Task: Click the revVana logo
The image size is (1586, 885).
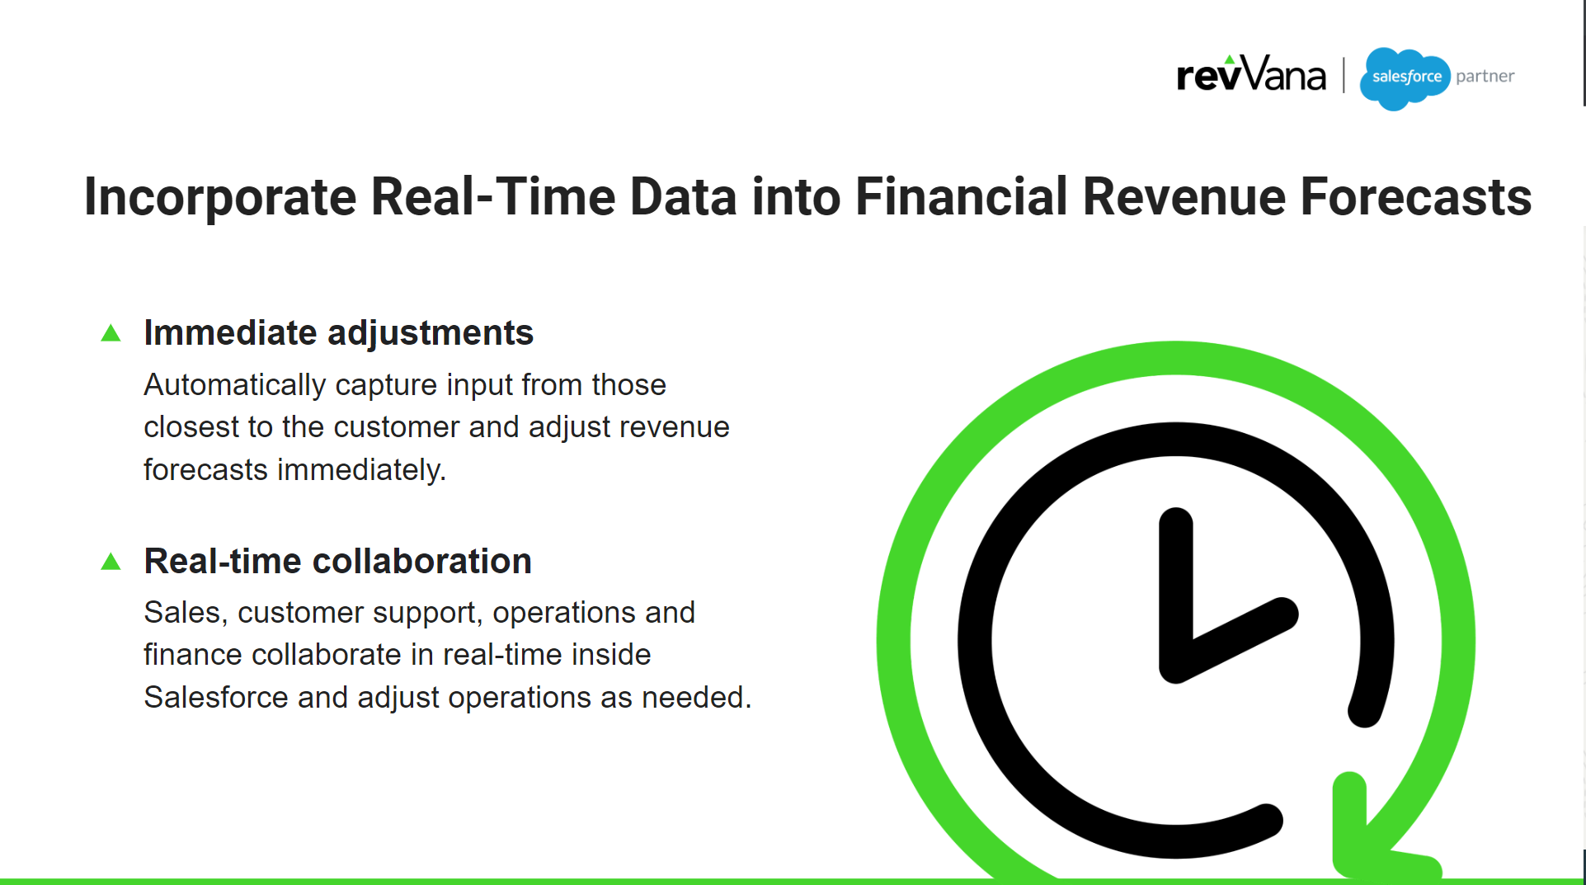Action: (x=1250, y=75)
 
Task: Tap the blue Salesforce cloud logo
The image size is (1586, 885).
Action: (x=1405, y=78)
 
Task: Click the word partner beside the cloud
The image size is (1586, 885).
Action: (x=1485, y=77)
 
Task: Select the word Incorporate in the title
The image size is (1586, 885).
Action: (x=219, y=198)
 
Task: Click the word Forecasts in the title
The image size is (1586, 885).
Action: (x=1415, y=198)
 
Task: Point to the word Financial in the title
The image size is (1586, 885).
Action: (x=961, y=198)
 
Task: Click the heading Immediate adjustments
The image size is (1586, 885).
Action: (x=338, y=332)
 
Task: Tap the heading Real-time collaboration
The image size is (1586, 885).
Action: (x=337, y=561)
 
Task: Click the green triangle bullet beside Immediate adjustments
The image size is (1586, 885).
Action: (x=111, y=333)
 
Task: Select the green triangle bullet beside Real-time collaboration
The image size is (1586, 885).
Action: (x=111, y=562)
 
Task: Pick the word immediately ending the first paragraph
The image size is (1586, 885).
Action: (x=361, y=470)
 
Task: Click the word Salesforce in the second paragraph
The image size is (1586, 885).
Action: (x=216, y=698)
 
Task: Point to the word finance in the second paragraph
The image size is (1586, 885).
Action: (x=193, y=655)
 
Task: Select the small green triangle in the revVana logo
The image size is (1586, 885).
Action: (x=1230, y=59)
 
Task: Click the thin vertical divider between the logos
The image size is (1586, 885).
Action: (x=1344, y=75)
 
